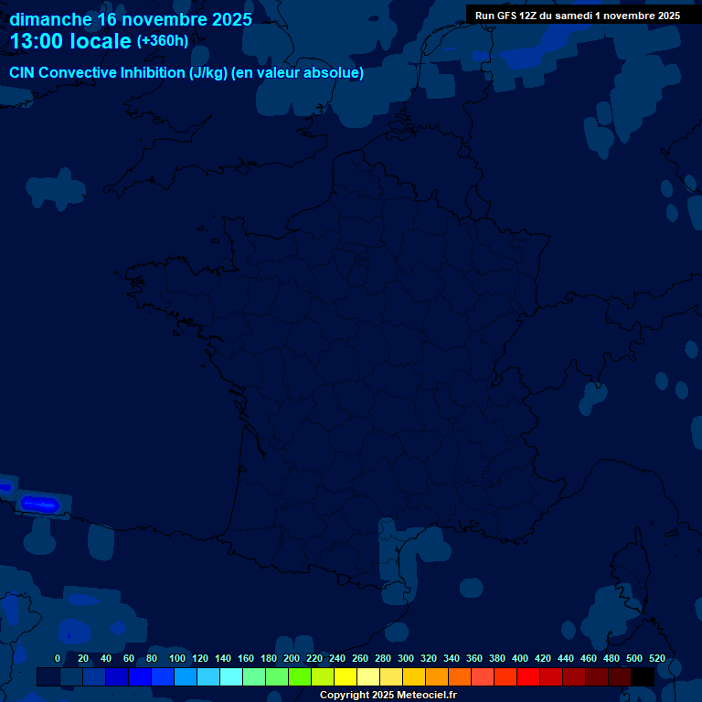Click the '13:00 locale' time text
click(70, 41)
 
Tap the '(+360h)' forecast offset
click(163, 41)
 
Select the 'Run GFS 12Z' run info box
click(577, 15)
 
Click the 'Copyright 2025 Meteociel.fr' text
click(388, 696)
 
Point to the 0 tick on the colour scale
click(58, 659)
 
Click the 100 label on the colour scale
click(176, 659)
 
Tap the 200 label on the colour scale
click(292, 659)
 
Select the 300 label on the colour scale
click(406, 659)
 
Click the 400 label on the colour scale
click(520, 659)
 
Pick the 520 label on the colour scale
click(657, 659)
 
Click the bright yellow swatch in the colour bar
click(346, 677)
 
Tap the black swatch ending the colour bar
click(643, 677)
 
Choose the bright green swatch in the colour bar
click(300, 677)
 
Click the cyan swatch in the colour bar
click(231, 677)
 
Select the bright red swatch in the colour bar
click(528, 677)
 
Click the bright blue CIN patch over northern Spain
click(39, 504)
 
